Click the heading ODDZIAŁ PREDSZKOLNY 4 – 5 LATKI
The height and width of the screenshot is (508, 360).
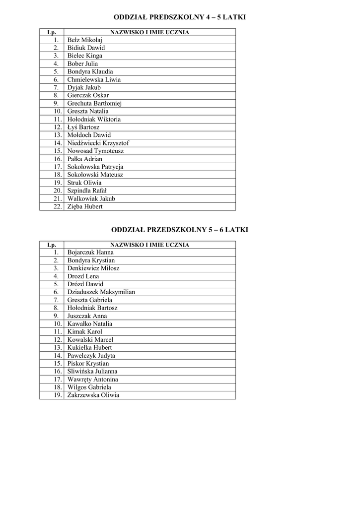180,17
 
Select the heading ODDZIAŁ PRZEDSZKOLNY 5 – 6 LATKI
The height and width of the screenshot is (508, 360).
179,230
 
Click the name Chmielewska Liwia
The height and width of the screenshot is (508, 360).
94,80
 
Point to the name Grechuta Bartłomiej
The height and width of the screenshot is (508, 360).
94,104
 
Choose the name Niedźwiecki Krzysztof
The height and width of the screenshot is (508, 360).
98,143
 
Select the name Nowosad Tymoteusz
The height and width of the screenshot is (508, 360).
95,151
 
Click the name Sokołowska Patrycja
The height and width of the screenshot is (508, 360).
95,167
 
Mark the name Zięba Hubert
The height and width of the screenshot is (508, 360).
85,207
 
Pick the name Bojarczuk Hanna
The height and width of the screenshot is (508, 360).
90,253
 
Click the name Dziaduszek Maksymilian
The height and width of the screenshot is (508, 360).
101,292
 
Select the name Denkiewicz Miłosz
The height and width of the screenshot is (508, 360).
93,268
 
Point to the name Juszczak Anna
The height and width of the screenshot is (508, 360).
87,316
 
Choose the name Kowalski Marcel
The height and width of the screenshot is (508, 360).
90,340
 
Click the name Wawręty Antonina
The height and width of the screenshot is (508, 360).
93,380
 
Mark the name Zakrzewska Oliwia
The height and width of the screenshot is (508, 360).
93,395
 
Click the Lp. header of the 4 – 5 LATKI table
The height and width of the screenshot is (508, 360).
52,32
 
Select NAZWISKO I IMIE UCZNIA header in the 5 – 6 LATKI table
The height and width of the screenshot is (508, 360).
149,245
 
